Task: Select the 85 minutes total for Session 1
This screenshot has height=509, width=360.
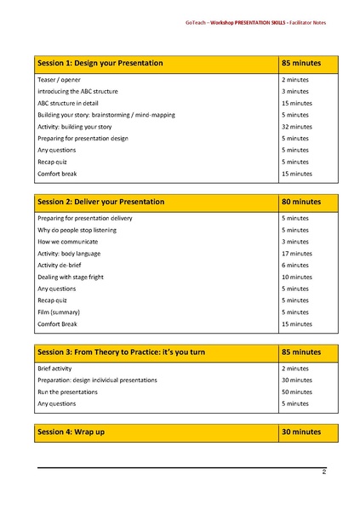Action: pos(301,64)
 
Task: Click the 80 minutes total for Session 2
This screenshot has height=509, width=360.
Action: pos(301,203)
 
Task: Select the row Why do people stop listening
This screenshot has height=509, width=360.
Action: pos(79,230)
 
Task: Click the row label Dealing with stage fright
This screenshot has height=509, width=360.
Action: pos(73,277)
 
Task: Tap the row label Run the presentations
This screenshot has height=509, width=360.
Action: pos(67,392)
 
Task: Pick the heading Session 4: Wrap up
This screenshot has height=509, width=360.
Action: pos(72,432)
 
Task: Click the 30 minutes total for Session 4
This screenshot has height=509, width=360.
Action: pos(301,432)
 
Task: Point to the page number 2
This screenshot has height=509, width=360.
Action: pos(323,472)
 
